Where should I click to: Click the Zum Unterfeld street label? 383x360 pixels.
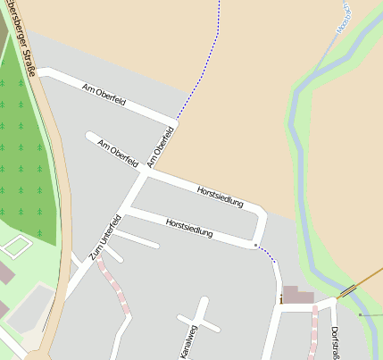[x=104, y=239]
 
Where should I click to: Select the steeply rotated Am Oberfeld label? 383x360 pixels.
[x=158, y=147]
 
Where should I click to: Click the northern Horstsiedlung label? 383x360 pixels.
[x=220, y=196]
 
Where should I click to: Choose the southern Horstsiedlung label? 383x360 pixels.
[x=189, y=226]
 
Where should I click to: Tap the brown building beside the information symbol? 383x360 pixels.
[x=299, y=296]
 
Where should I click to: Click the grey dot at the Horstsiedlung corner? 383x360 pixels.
[x=255, y=245]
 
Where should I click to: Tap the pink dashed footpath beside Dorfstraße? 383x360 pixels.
[x=314, y=331]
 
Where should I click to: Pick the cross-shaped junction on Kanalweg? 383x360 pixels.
[x=198, y=321]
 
